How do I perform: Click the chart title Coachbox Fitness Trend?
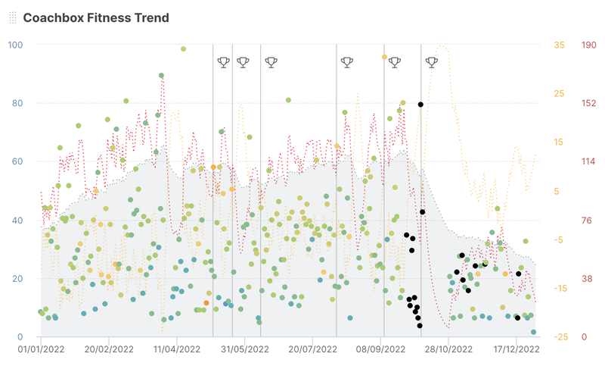point(96,17)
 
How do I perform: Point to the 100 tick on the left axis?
point(14,45)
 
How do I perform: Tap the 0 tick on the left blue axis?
point(20,337)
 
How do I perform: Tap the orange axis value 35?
point(560,45)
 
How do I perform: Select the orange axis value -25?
point(558,337)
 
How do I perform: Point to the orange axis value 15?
point(560,142)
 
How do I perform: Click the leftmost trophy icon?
point(223,62)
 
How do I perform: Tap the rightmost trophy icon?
point(431,62)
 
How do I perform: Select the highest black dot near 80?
point(420,104)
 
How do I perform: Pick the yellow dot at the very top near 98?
point(184,49)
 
